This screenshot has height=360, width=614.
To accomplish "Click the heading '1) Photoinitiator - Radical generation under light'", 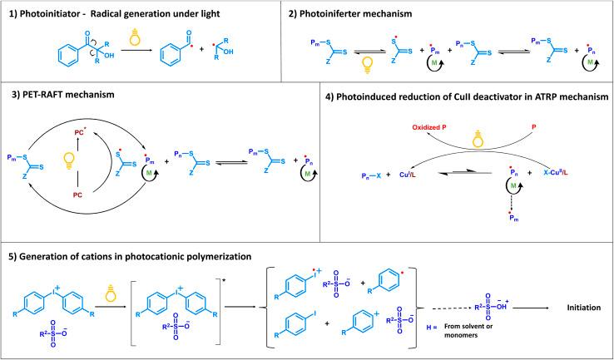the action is (114, 14).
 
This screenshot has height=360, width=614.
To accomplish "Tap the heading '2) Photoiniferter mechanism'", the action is (350, 14).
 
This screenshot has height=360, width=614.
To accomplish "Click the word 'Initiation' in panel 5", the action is (583, 308).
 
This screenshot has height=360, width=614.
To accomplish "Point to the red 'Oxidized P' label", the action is (429, 127).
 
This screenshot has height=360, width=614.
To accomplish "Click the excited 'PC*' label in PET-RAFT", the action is (80, 133).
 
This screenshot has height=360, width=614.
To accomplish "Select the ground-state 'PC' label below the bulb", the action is (77, 195).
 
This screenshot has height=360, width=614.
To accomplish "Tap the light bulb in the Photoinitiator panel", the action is (135, 37).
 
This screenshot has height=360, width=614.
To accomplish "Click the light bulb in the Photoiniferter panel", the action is (367, 65).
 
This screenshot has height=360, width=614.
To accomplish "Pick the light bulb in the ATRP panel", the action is (478, 138).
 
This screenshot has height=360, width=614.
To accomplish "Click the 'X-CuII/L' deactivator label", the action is (555, 173).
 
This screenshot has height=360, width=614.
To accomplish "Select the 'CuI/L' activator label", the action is (408, 175).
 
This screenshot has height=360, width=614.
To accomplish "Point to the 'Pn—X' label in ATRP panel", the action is (371, 176).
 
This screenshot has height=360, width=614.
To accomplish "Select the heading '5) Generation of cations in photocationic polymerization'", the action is (130, 257).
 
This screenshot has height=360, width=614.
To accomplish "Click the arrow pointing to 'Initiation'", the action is (532, 308).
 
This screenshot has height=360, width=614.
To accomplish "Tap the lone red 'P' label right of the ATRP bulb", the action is (533, 127).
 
